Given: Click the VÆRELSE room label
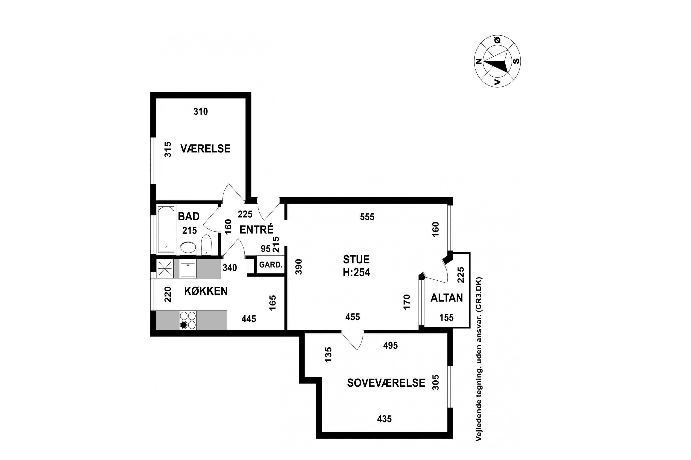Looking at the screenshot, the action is (x=205, y=149).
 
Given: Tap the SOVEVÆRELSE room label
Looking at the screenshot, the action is (x=386, y=383).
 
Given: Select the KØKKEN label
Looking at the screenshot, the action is (x=206, y=291).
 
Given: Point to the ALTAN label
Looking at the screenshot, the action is (x=447, y=298).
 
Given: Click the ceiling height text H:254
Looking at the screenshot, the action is (x=356, y=273).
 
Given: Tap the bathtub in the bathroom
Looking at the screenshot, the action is (x=166, y=230).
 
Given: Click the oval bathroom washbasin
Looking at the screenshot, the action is (x=188, y=248).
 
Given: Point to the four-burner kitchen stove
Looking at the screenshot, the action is (x=188, y=320).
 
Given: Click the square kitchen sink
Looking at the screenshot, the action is (x=187, y=270).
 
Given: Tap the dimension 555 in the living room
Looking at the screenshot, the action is (x=367, y=217).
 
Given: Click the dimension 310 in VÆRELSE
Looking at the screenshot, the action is (x=201, y=112).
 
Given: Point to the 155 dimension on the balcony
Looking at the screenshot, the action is (x=447, y=317).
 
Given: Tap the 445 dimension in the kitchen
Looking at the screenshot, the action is (x=249, y=319).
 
